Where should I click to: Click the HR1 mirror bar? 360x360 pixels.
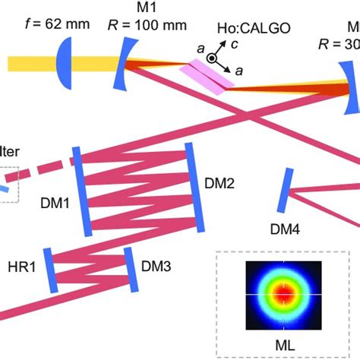click(49, 268)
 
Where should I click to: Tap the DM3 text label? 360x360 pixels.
click(156, 267)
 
